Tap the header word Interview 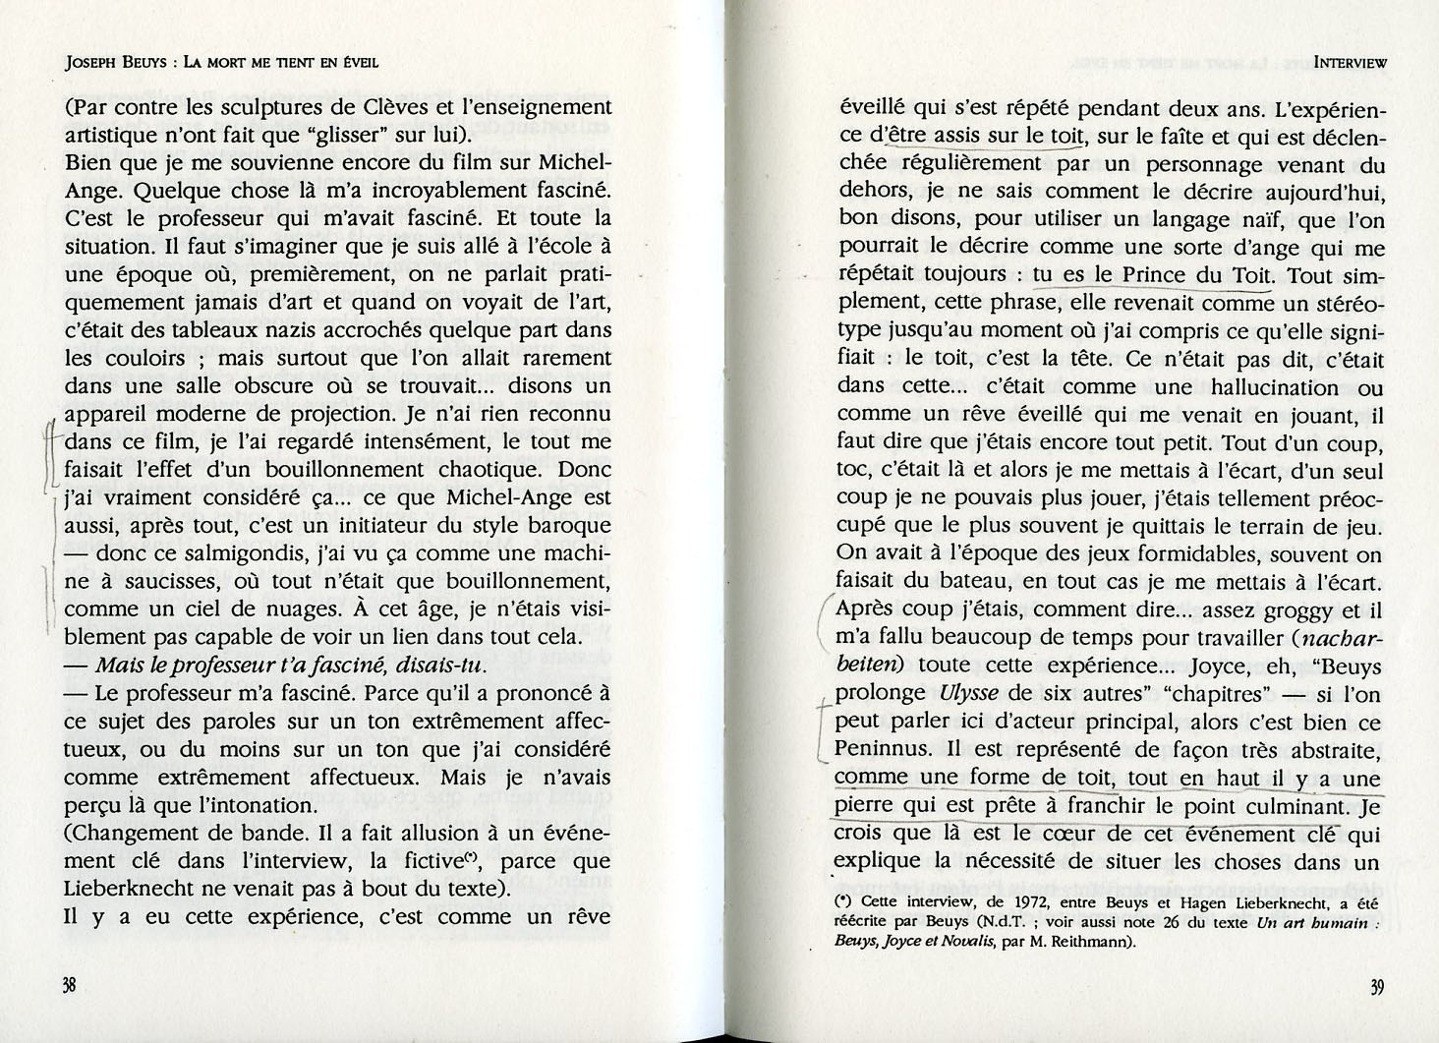(x=1350, y=61)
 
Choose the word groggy (x=1296, y=610)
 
